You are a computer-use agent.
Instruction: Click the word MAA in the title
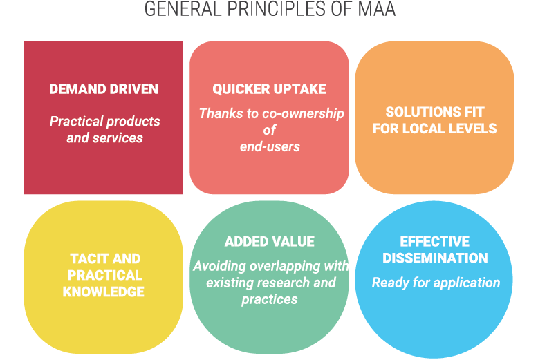(x=377, y=10)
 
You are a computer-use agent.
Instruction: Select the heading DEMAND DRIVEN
(x=104, y=89)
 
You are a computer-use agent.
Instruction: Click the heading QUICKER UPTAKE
(x=269, y=89)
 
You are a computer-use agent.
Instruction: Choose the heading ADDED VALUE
(x=269, y=242)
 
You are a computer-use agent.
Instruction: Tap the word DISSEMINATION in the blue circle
(x=435, y=258)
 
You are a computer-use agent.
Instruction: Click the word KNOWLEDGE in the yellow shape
(x=104, y=292)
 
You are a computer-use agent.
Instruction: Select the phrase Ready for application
(x=436, y=283)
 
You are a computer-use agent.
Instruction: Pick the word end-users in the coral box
(x=270, y=146)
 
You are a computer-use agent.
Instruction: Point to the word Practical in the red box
(x=76, y=122)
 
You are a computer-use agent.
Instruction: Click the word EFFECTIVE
(x=435, y=242)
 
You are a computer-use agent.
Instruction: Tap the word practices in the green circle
(x=270, y=299)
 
